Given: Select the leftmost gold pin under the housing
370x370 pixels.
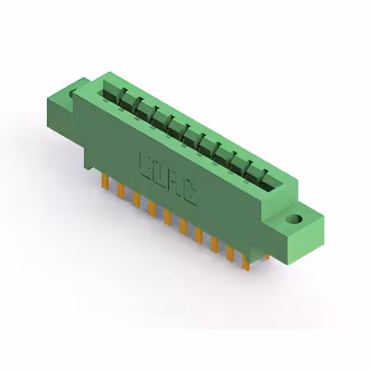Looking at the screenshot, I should click(x=106, y=182).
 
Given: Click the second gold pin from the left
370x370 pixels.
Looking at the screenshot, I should click(x=121, y=190).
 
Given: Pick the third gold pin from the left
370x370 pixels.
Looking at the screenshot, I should click(x=136, y=199).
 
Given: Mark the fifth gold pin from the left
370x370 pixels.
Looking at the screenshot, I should click(x=167, y=217).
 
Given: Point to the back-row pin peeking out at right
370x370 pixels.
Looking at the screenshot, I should click(x=265, y=255).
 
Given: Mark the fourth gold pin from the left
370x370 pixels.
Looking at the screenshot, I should click(x=151, y=208).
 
